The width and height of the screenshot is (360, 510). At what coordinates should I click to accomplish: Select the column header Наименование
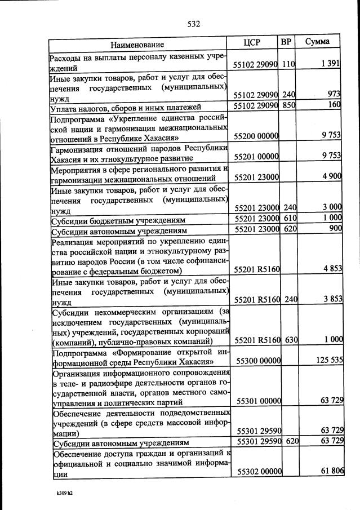coord(137,44)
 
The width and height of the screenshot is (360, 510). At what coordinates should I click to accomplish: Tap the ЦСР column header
coord(251,43)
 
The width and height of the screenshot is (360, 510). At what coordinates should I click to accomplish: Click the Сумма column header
coord(318,42)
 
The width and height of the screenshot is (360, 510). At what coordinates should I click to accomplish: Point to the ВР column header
coord(286,42)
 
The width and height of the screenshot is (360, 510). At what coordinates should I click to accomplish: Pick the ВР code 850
coord(288,106)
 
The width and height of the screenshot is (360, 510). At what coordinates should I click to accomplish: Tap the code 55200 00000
coord(257,136)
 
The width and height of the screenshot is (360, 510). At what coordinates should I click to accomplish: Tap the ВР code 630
coord(291,340)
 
